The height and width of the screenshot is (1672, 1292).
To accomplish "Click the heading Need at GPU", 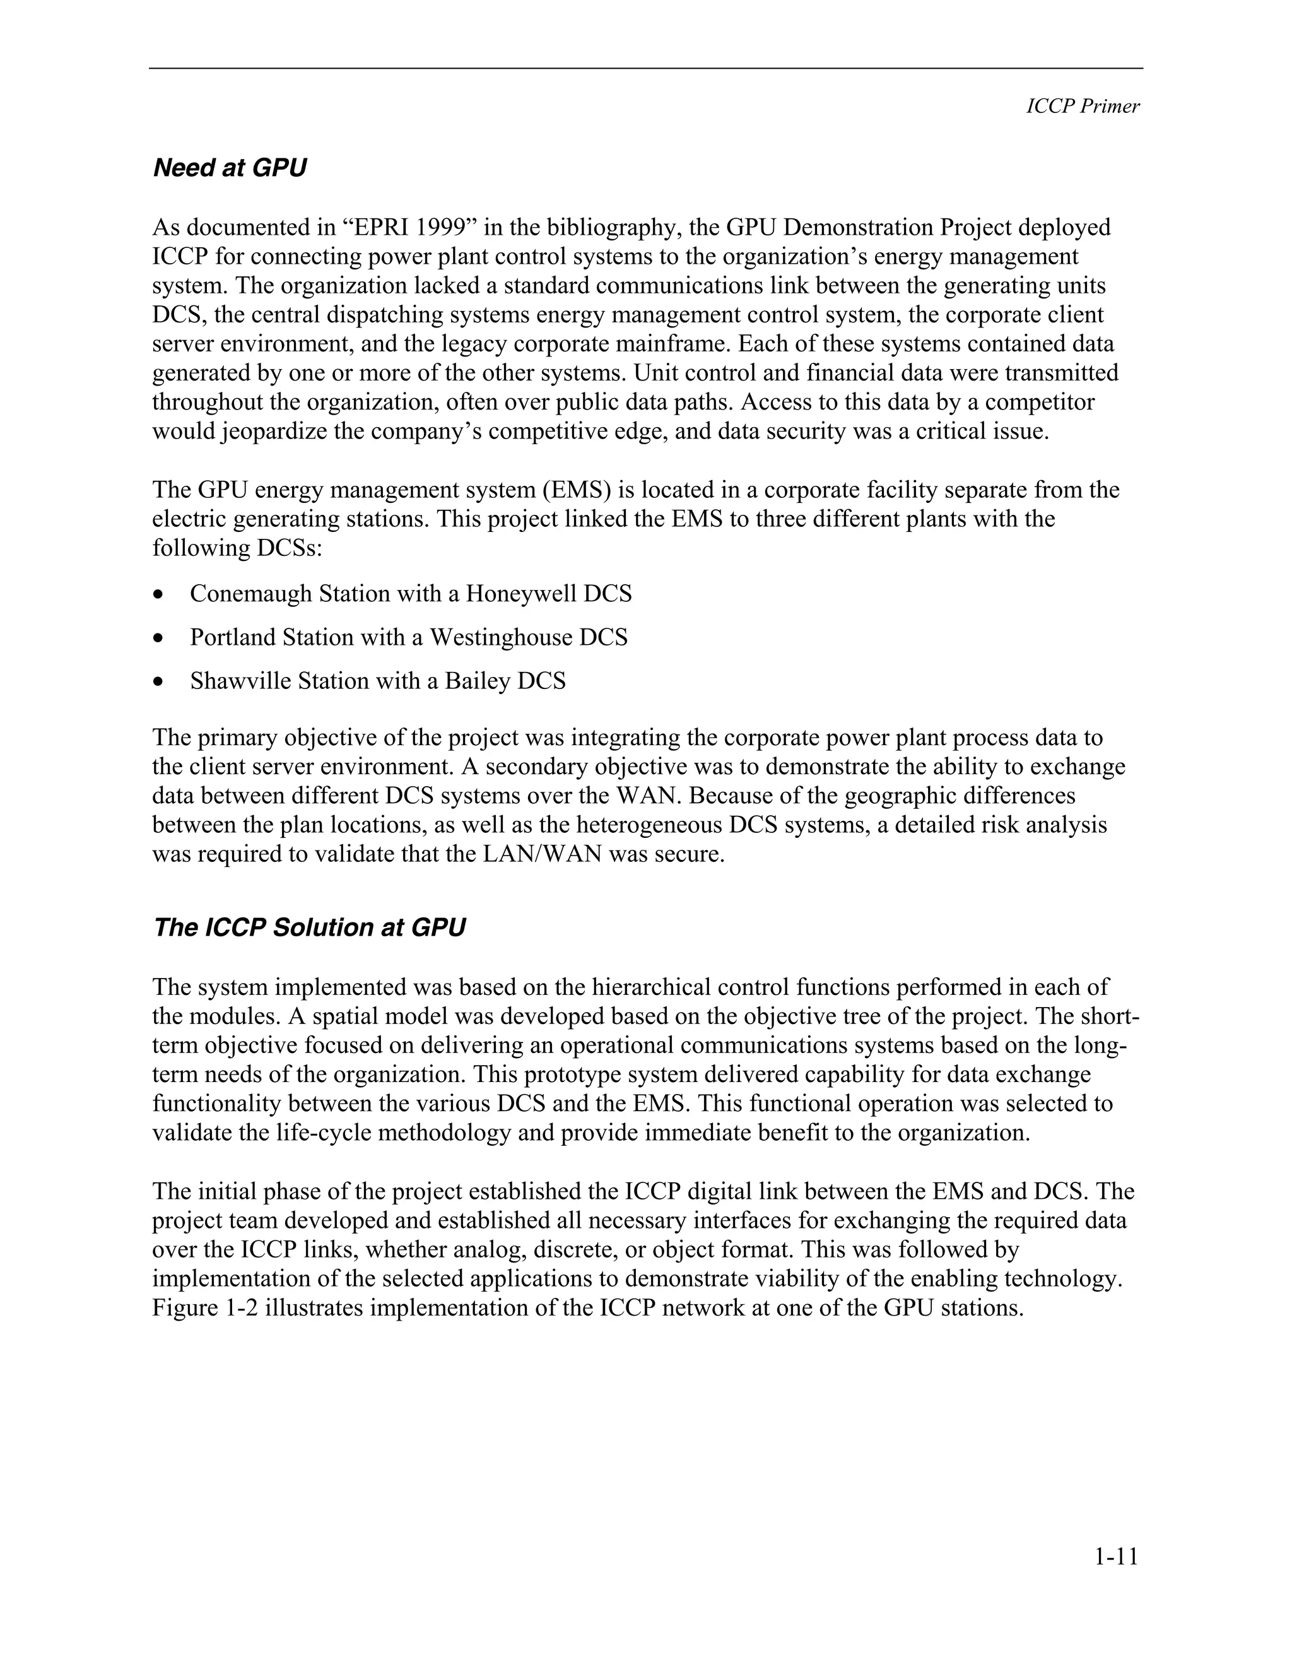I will tap(230, 168).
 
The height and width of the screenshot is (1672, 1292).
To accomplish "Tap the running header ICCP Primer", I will tap(1083, 107).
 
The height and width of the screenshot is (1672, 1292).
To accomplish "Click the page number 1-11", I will tap(1116, 1557).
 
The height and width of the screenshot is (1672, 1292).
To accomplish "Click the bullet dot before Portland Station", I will tap(158, 638).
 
